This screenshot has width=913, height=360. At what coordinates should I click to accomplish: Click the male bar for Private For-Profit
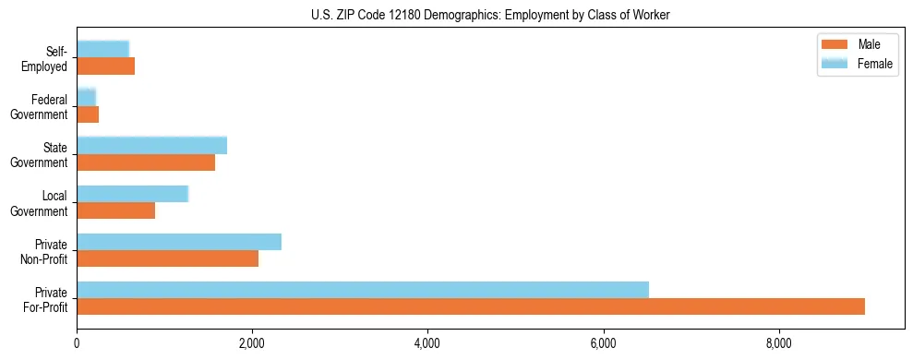tap(471, 306)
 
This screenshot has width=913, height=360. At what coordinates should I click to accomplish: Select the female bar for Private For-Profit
tap(363, 289)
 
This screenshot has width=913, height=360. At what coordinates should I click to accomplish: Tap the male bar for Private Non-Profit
tap(168, 258)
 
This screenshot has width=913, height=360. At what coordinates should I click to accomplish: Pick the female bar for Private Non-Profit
tap(179, 242)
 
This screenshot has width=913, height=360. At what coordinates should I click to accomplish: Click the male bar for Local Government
tap(116, 210)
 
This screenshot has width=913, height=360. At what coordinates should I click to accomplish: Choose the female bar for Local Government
tap(133, 194)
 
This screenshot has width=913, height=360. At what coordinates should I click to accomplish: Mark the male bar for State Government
tap(146, 162)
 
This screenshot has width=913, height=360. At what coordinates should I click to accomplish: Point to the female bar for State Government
tap(152, 145)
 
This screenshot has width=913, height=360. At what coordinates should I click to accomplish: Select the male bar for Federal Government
tap(88, 114)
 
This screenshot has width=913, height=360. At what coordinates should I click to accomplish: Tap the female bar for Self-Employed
tap(103, 49)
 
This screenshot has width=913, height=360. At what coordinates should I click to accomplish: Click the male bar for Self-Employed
tap(106, 66)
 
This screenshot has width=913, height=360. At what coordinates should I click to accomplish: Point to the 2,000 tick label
tap(252, 343)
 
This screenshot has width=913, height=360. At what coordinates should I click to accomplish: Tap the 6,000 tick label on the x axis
tap(603, 343)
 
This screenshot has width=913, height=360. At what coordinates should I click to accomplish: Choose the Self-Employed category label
tap(48, 58)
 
